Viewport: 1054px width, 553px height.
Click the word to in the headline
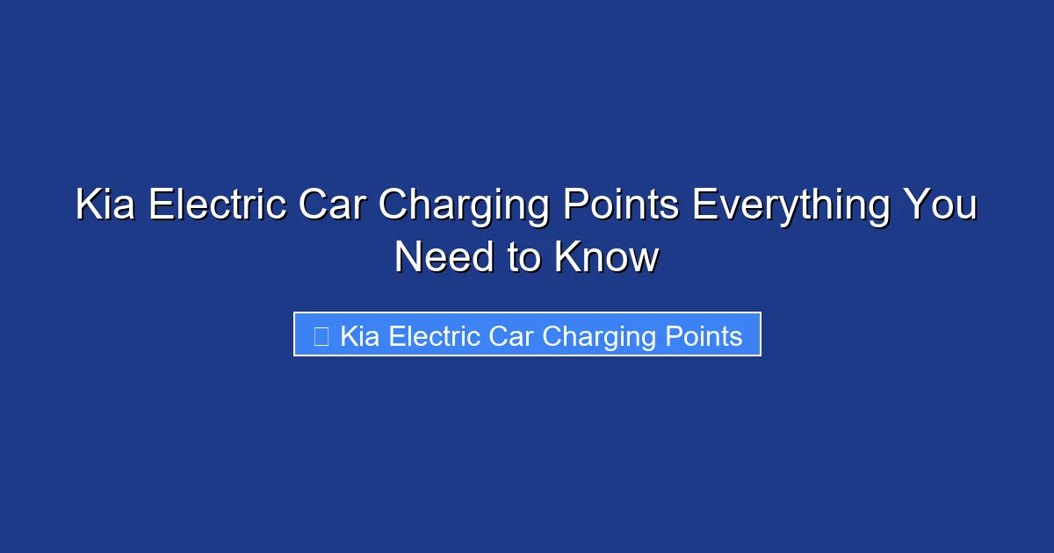click(x=518, y=258)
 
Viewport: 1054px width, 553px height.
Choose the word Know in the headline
click(x=606, y=258)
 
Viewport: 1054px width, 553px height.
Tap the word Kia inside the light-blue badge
click(x=361, y=336)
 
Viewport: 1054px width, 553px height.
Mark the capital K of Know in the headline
click(x=567, y=258)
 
